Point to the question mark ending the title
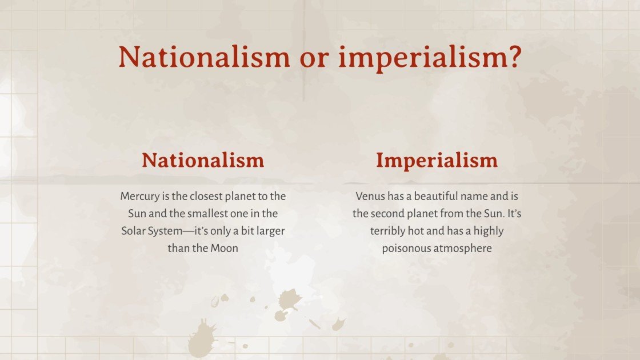pyautogui.click(x=515, y=58)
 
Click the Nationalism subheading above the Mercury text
pyautogui.click(x=203, y=160)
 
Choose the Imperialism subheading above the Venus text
pyautogui.click(x=437, y=161)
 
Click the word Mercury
pyautogui.click(x=139, y=197)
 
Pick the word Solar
pyautogui.click(x=134, y=231)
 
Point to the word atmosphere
pyautogui.click(x=463, y=249)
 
